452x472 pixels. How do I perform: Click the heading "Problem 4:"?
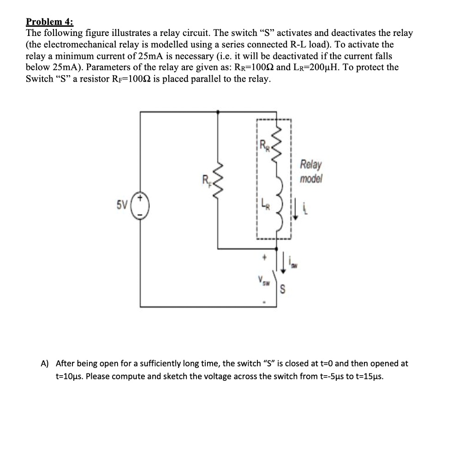click(x=49, y=22)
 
